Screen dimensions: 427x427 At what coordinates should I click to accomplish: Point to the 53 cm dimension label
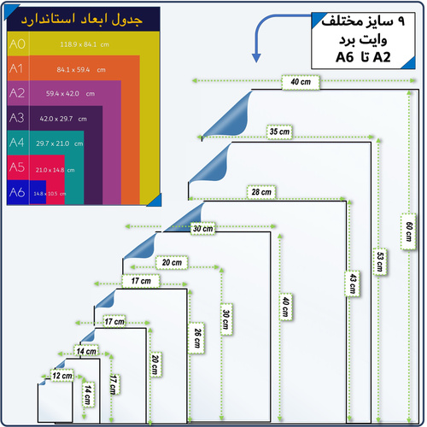[x=379, y=259]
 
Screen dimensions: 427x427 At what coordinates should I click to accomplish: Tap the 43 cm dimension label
[x=350, y=283]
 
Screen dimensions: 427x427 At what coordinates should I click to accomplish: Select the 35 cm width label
[x=278, y=132]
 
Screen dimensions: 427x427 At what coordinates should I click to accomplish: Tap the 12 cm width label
[x=62, y=376]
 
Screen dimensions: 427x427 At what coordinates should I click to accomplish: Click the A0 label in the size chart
[x=16, y=44]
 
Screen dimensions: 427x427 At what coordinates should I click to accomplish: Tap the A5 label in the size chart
[x=16, y=168]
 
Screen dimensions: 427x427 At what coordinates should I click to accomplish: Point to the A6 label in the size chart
[x=16, y=193]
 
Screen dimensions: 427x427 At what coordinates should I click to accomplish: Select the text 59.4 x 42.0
[x=63, y=94]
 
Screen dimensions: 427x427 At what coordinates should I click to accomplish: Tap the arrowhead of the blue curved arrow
[x=255, y=58]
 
